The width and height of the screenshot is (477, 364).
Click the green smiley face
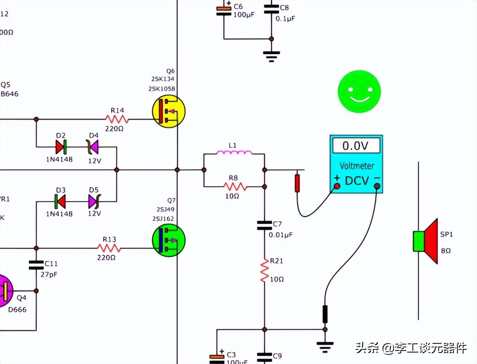tap(359, 91)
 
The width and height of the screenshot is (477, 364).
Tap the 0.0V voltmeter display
tap(356, 146)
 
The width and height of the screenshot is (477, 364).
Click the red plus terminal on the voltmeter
tap(337, 186)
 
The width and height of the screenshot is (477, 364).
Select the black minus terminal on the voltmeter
tap(377, 186)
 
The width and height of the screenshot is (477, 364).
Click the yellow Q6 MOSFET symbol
tap(169, 111)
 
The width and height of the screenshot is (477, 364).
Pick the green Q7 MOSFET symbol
tap(169, 240)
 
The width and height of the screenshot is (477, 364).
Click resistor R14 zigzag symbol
tap(117, 119)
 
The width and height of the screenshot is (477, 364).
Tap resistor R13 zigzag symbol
tap(109, 248)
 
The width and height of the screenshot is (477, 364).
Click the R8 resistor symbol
tap(235, 186)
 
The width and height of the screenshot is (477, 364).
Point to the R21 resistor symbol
tap(264, 271)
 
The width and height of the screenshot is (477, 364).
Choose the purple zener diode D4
tap(93, 147)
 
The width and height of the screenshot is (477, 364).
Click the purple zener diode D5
tap(93, 201)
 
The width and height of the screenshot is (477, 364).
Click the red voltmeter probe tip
tap(297, 183)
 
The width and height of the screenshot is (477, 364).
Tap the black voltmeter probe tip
tap(325, 314)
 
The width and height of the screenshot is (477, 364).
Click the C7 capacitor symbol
tap(264, 226)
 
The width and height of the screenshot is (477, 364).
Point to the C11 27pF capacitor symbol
tap(36, 265)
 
